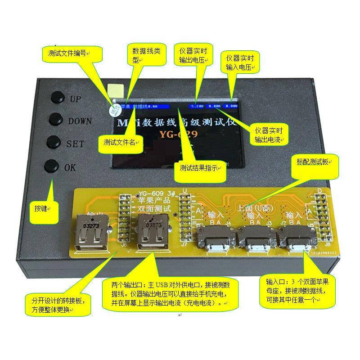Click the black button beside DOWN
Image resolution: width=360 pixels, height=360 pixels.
click(56, 118)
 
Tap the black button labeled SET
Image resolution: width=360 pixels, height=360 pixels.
click(54, 142)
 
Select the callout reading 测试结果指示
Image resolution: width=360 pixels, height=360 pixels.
click(199, 168)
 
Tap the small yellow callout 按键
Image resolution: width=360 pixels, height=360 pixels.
click(45, 208)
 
